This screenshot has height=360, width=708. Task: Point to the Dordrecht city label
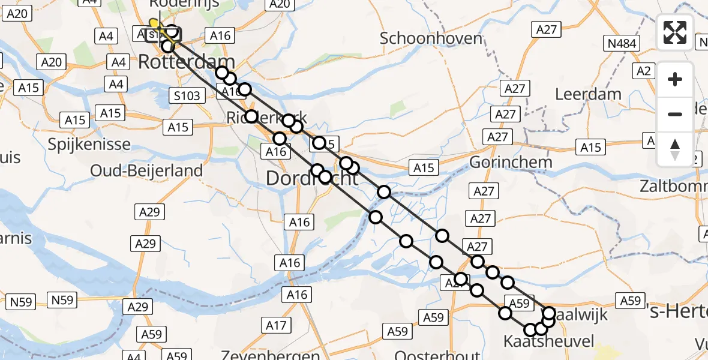(x=311, y=178)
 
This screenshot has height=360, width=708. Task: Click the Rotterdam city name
(x=187, y=62)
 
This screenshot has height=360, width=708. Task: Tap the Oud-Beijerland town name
(x=146, y=170)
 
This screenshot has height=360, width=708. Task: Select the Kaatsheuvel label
(x=549, y=342)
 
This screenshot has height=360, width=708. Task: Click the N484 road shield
(x=621, y=43)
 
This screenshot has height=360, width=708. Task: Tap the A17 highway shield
(x=276, y=326)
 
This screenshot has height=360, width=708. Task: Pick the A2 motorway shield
(x=645, y=71)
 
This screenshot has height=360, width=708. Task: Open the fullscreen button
(x=675, y=32)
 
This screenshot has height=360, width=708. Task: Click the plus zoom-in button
(x=675, y=79)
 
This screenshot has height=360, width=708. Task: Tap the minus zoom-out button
(x=675, y=114)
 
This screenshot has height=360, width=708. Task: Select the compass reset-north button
(x=675, y=149)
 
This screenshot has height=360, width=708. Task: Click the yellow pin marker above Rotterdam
(x=155, y=24)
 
